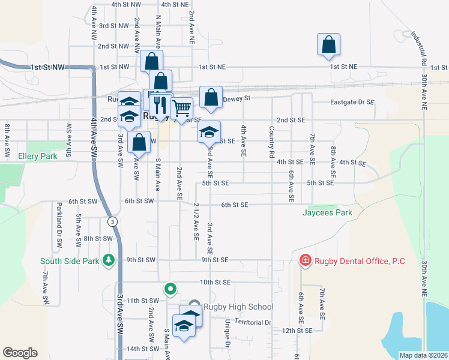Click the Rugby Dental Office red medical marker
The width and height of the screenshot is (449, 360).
(305, 260)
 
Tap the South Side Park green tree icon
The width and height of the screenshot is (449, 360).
(109, 260)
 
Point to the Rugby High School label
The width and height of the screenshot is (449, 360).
(238, 307)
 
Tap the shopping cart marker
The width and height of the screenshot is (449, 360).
(181, 108)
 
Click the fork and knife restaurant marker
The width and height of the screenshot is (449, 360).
(159, 104)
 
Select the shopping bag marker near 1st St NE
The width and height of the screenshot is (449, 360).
(328, 44)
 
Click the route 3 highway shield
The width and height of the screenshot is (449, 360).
(112, 221)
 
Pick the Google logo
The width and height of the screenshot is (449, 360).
(20, 353)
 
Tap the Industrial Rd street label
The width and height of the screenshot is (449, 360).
(418, 48)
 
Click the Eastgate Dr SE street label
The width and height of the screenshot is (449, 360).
(352, 103)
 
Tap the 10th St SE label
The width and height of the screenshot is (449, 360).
(215, 282)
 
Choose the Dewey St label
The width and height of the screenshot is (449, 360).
(236, 98)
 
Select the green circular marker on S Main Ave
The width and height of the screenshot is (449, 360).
(170, 289)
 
